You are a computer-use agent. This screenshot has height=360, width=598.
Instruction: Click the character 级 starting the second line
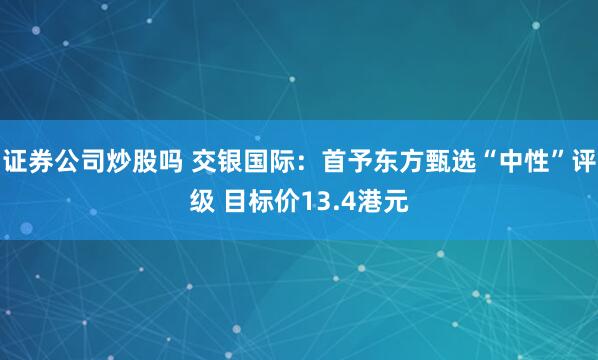click(202, 203)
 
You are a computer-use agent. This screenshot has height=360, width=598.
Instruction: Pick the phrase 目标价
click(263, 203)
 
